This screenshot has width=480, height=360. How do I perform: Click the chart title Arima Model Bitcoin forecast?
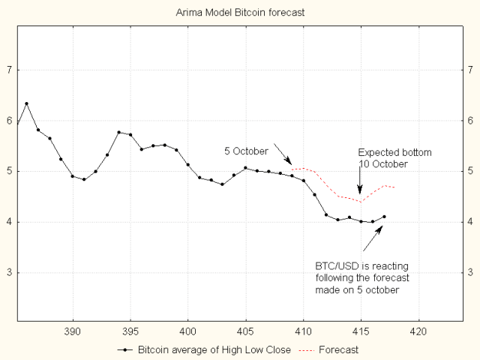point(240,13)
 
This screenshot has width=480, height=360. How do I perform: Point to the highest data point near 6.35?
point(26,103)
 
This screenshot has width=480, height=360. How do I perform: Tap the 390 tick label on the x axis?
point(73,331)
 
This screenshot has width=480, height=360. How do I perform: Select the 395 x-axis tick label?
point(130,331)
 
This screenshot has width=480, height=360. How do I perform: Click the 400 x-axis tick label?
point(188,331)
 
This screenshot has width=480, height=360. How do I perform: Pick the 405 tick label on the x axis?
point(245,331)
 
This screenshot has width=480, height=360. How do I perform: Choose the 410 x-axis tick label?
point(303,331)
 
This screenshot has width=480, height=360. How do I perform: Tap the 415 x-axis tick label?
point(361,331)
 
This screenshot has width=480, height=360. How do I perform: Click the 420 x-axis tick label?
point(418,331)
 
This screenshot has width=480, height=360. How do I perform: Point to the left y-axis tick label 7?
point(9,70)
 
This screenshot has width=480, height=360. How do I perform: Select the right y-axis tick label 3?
point(470,272)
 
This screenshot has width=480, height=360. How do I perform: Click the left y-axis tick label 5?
point(9,171)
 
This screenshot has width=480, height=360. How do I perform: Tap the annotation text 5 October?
point(246,151)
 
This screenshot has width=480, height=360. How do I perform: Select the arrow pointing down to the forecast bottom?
point(360,182)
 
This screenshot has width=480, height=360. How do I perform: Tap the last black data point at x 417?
point(384,217)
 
